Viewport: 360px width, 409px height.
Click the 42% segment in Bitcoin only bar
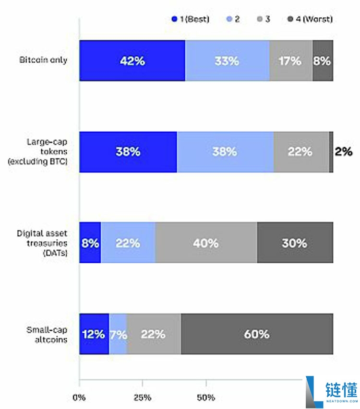[x=132, y=61]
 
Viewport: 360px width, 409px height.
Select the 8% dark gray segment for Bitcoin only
[x=323, y=61]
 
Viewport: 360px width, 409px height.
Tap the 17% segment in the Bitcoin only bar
[x=291, y=61]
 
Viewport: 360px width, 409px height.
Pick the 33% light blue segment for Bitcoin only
[x=227, y=61]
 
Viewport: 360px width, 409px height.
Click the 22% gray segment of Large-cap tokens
[x=301, y=152]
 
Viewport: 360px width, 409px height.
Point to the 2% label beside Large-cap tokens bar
[x=344, y=152]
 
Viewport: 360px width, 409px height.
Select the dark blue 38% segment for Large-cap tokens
[x=128, y=152]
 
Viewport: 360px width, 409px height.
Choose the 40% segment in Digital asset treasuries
[x=206, y=243]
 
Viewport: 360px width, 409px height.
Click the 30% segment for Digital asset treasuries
[x=295, y=243]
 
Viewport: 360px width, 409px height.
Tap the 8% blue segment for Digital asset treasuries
[x=90, y=243]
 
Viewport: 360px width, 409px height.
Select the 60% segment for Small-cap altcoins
[x=257, y=334]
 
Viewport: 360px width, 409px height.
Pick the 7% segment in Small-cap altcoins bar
[x=118, y=334]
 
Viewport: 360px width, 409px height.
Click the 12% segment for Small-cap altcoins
[x=94, y=334]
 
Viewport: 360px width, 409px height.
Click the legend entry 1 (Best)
[x=191, y=19]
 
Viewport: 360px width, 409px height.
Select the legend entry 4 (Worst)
[x=310, y=19]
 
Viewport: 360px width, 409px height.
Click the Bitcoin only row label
[x=43, y=60]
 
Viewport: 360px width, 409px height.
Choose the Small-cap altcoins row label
[x=47, y=334]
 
